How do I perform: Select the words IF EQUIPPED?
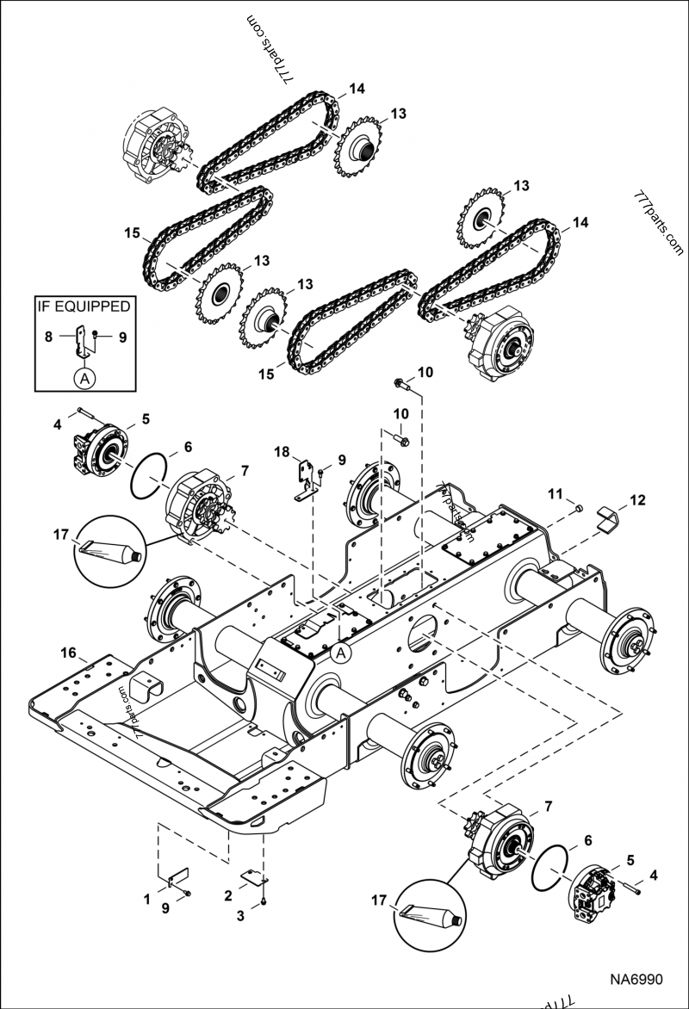point(83,306)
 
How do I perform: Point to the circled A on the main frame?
point(341,653)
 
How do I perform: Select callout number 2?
point(228,896)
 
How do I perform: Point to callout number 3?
point(240,917)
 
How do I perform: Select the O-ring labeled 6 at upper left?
point(147,476)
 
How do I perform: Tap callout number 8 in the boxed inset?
point(49,337)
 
